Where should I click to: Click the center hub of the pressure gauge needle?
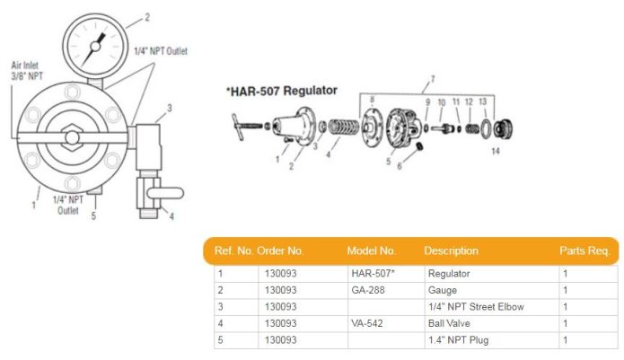point(95,47)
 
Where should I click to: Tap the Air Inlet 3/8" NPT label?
point(27,71)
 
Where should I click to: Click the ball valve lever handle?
point(165,193)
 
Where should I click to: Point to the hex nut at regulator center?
point(72,137)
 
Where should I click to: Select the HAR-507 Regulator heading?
point(282,91)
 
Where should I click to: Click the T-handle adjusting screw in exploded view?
point(246,127)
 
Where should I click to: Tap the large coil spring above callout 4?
point(344,127)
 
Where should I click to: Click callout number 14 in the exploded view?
point(495,151)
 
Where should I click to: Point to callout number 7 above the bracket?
point(433,79)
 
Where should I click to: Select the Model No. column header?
point(372,250)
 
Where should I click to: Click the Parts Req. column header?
point(584,250)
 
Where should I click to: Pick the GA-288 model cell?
point(368,290)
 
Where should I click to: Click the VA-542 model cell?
point(367,323)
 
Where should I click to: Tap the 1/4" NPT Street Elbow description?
point(476,307)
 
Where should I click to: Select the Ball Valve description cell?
point(449,323)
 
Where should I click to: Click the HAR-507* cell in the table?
point(373,273)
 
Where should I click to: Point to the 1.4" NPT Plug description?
point(459,340)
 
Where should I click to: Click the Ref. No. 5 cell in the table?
point(221,340)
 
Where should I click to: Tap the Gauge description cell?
point(442,290)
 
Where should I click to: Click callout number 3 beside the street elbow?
point(170,108)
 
